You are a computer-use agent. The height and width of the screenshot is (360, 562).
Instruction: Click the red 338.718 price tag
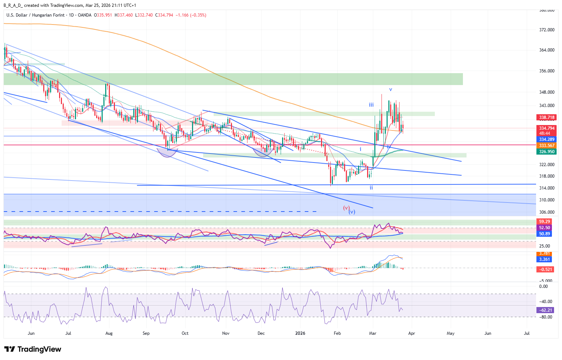pos(547,117)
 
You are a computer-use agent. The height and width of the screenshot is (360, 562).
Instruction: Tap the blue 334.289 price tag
pos(547,139)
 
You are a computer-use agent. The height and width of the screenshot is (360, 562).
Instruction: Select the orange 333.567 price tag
pos(547,146)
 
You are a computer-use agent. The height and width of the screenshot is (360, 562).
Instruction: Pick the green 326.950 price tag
pos(547,152)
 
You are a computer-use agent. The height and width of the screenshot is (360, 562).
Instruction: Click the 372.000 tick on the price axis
pos(547,30)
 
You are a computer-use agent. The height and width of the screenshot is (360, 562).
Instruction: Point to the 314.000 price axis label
pos(547,188)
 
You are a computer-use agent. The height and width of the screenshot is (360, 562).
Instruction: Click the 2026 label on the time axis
pos(300,333)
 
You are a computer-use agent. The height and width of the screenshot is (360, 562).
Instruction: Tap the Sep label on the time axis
pos(146,333)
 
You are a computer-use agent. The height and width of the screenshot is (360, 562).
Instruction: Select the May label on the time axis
pos(450,333)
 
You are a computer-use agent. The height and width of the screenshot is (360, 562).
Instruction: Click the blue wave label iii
pos(371,105)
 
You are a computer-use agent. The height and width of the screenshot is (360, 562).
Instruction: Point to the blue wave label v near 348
pos(391,89)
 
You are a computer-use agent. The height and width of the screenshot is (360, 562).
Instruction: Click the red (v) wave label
pos(346,208)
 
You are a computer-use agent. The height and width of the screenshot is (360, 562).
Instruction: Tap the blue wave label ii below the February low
pos(371,188)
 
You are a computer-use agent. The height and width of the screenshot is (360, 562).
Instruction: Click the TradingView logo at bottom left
pos(33,349)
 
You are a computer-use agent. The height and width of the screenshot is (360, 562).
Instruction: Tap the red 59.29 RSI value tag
pos(544,222)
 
